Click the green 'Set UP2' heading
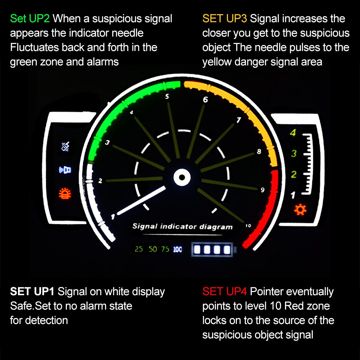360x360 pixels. click(30, 19)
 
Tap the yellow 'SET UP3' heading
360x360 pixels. click(225, 19)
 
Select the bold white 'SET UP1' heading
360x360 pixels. click(32, 291)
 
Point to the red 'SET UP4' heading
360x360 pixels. click(225, 291)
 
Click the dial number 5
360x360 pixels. click(167, 97)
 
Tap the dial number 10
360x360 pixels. click(248, 226)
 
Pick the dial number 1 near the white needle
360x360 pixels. click(113, 217)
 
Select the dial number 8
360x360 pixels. click(259, 151)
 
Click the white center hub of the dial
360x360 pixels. click(182, 177)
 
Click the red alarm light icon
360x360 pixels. click(65, 193)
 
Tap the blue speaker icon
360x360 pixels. click(65, 170)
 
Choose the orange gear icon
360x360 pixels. click(300, 210)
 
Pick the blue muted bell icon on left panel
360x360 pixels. click(65, 146)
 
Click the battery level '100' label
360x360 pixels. click(178, 249)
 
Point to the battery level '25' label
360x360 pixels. click(139, 249)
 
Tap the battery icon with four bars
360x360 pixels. click(214, 249)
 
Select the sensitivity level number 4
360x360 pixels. click(293, 133)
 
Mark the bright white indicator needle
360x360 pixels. click(141, 200)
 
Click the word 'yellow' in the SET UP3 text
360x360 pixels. click(217, 62)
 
